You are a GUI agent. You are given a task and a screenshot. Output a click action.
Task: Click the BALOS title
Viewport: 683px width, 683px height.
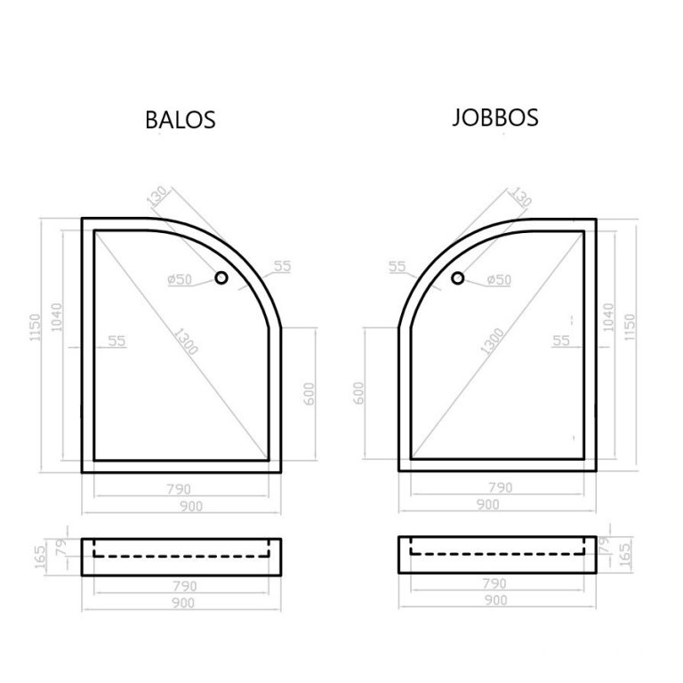coord(181,119)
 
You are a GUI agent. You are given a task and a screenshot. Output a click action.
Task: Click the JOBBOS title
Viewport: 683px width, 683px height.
coord(495,117)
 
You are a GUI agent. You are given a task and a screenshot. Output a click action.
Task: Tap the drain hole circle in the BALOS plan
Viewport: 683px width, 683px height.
coord(221,277)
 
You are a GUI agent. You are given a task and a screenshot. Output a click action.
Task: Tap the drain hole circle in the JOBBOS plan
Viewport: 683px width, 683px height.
coord(457,277)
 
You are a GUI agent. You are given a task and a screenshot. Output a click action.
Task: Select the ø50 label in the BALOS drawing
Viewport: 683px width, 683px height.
coord(180,279)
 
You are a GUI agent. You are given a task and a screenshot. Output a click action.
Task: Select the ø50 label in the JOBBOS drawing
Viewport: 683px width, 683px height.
coord(499,279)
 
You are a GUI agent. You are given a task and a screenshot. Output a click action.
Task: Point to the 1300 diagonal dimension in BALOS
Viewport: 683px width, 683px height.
coord(187,341)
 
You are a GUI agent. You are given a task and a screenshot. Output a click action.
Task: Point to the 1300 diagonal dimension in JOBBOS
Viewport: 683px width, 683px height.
coord(492,341)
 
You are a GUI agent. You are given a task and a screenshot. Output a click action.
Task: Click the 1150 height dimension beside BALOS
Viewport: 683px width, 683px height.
coord(35,327)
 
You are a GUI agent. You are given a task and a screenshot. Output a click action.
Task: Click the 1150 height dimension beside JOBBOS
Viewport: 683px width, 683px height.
coord(630,327)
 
